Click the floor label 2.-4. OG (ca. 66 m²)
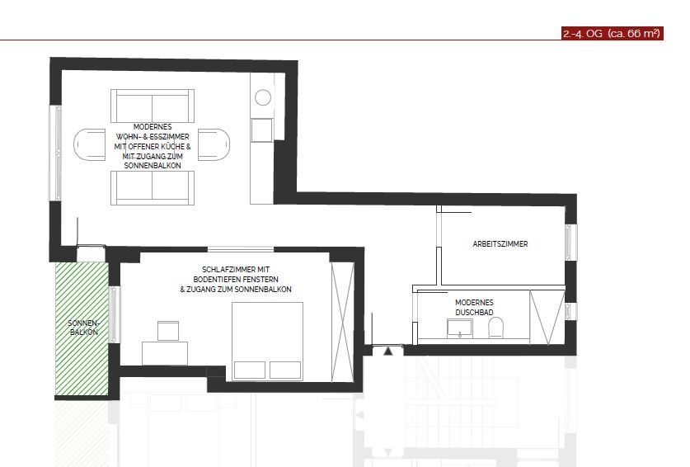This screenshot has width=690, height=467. tap(612, 34)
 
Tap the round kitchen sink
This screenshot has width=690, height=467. tap(262, 97)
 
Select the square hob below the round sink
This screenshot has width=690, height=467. tap(262, 130)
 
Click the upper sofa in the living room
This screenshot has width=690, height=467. tap(153, 106)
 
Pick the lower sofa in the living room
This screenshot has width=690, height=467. tap(153, 187)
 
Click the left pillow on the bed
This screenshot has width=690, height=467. tap(250, 369)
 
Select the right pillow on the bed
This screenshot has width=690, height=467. tap(287, 369)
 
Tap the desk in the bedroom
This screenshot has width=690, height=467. tap(164, 352)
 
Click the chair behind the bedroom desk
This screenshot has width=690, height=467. tap(168, 331)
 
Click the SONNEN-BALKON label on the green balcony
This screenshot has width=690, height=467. tap(82, 328)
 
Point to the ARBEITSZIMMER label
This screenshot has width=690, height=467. tap(500, 244)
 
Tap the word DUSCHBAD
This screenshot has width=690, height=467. tap(475, 312)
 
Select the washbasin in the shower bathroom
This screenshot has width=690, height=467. tap(458, 329)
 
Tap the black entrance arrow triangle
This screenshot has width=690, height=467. tap(387, 351)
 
